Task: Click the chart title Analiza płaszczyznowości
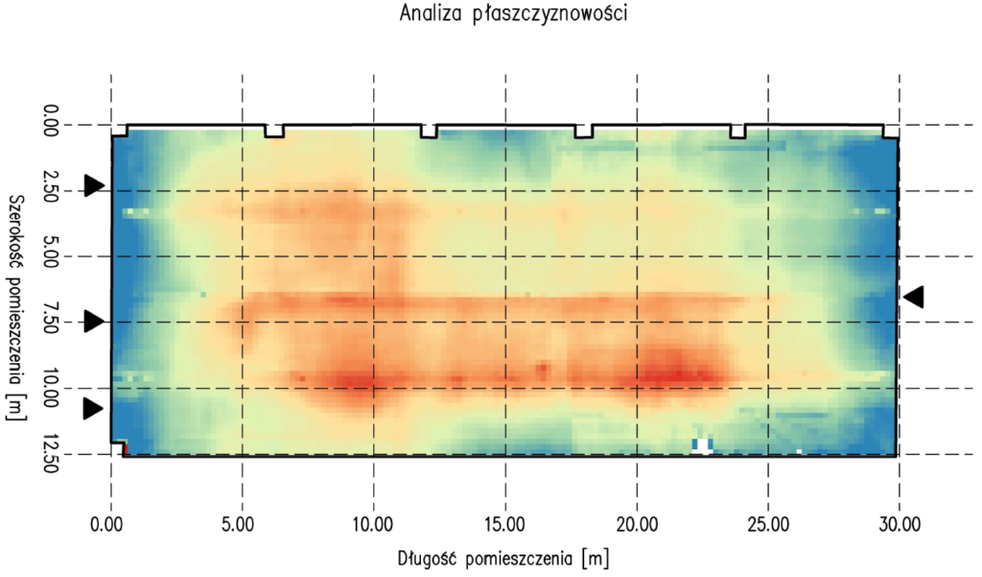pos(490,15)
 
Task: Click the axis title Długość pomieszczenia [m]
pos(503,558)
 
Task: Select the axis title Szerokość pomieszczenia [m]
pos(15,307)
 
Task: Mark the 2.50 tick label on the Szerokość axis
pos(53,191)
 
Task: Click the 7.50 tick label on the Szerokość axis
pos(53,323)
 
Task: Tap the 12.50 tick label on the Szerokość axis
pos(53,454)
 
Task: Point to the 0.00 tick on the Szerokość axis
pos(53,125)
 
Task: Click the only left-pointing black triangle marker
pos(914,297)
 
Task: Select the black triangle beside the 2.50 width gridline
pos(93,185)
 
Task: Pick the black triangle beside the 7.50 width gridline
pos(93,322)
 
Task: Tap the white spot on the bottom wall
pos(703,445)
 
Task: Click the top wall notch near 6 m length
pos(275,132)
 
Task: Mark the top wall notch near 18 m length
pos(583,132)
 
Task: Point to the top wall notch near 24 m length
pos(737,132)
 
